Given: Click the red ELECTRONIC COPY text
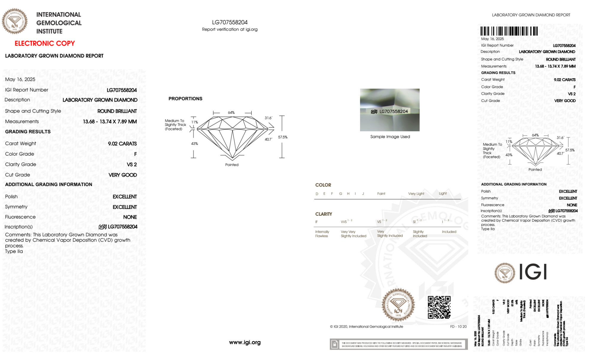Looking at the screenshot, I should (x=45, y=43).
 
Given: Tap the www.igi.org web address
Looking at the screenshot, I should (x=245, y=342).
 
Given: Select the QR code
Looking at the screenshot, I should (x=439, y=307).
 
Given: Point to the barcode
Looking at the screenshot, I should (x=509, y=31).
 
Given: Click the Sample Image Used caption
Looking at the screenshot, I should (x=390, y=137).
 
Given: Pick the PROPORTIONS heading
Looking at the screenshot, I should (x=185, y=99).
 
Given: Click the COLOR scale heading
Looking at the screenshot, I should (x=323, y=185).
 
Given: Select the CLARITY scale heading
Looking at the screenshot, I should (x=324, y=214).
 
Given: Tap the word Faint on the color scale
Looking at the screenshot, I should (x=381, y=194).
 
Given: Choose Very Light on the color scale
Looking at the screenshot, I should (x=416, y=194).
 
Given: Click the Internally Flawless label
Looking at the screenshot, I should (x=322, y=234).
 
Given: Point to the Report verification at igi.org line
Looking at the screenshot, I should (x=230, y=29).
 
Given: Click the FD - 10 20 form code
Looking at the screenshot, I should (x=458, y=327).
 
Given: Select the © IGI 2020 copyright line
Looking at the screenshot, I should (x=367, y=327).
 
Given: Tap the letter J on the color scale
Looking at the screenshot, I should (x=363, y=194).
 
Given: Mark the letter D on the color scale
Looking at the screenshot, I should (x=317, y=194).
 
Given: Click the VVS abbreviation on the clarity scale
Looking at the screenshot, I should (x=344, y=222).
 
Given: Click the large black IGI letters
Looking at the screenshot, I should (x=533, y=272).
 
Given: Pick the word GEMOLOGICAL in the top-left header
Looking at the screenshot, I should (x=59, y=23).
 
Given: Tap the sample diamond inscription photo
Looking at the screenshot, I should (x=390, y=110).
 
